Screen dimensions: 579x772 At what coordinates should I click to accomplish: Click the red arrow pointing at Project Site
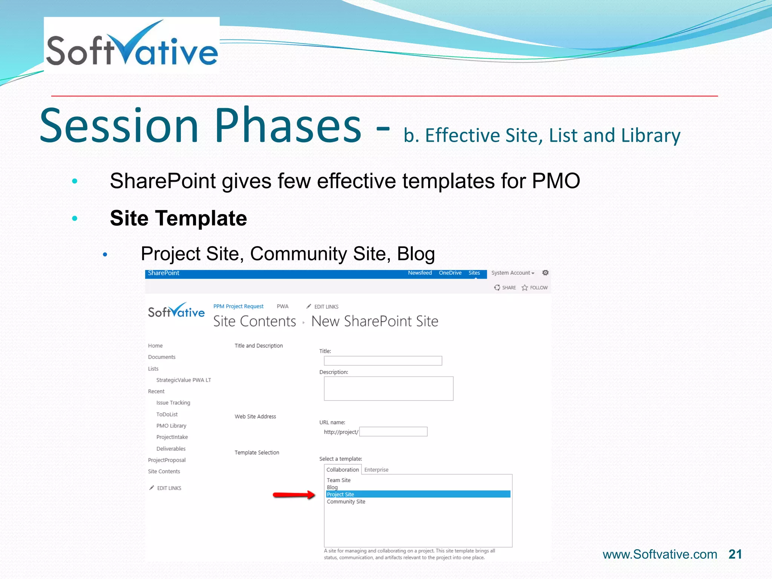click(294, 495)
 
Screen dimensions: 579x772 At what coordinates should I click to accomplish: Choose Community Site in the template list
click(346, 502)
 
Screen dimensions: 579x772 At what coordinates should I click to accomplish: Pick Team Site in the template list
click(339, 480)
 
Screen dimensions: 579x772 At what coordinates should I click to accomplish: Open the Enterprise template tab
click(376, 470)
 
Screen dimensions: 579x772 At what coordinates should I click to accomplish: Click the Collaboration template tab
click(342, 470)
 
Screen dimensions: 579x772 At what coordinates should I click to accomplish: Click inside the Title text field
click(383, 361)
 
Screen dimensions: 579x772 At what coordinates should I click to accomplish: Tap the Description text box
click(388, 388)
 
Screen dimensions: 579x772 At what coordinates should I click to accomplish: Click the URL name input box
click(393, 432)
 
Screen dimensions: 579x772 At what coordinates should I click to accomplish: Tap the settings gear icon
click(545, 273)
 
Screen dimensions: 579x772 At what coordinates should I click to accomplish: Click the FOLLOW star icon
click(525, 288)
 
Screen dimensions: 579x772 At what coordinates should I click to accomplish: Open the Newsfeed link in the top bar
click(420, 273)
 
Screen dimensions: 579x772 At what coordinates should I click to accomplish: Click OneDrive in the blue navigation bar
click(450, 273)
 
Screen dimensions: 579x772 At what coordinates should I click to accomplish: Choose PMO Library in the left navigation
click(171, 426)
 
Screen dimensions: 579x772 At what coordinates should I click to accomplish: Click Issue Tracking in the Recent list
click(173, 403)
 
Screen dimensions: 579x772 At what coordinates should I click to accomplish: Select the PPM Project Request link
click(238, 306)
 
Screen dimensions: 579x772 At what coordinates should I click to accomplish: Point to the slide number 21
click(735, 554)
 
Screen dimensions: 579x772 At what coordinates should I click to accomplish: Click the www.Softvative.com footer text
click(660, 554)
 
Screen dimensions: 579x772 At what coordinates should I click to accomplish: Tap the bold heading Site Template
click(178, 218)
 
